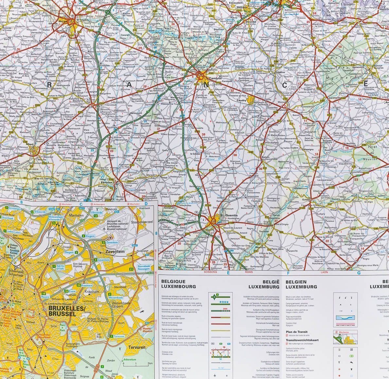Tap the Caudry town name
[x=241, y=101]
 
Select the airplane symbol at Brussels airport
[x=104, y=229]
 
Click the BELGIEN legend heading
[x=296, y=281]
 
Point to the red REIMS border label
[x=249, y=272]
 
